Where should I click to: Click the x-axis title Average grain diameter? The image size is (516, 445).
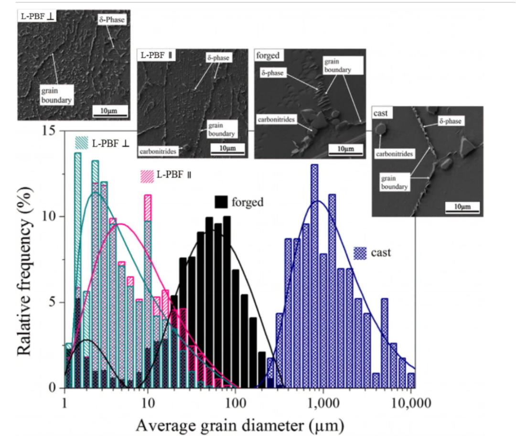pos(240,424)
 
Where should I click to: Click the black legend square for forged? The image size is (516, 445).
pos(221,202)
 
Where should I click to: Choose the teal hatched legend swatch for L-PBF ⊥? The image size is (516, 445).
pos(81,143)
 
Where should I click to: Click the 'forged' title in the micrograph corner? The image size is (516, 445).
pos(268,55)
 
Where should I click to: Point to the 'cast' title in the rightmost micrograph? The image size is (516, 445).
pos(381,113)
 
